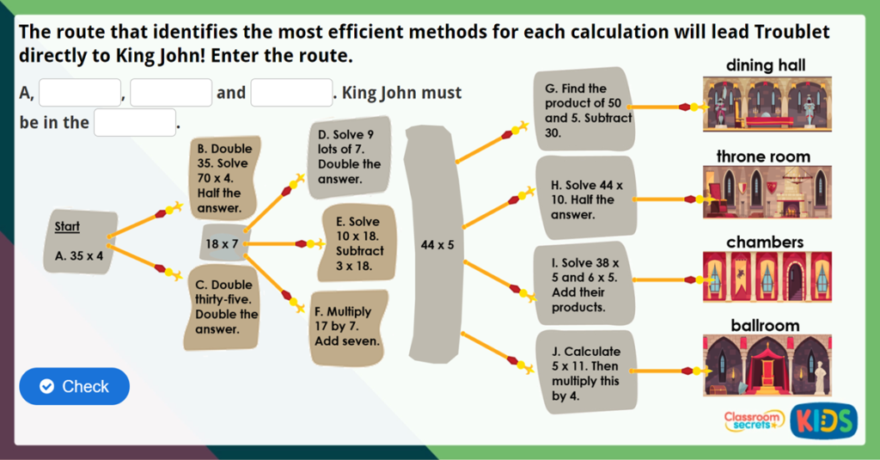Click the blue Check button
(x=75, y=386)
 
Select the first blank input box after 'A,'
(x=80, y=92)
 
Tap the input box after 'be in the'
(x=135, y=122)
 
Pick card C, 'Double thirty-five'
(x=223, y=307)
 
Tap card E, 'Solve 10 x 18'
(x=355, y=243)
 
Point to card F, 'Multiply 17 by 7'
(x=347, y=326)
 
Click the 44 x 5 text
(x=437, y=245)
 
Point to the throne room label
(x=763, y=156)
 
